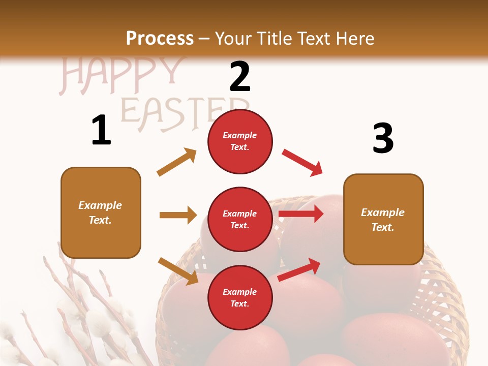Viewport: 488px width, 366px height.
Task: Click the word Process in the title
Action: coord(160,38)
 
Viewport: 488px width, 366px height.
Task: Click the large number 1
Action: coord(101,130)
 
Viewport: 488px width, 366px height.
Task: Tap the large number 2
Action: coord(240,76)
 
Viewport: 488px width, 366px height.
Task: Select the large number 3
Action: coord(383,138)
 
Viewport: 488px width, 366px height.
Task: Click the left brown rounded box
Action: coord(101,212)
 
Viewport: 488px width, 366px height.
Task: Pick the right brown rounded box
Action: coord(383,219)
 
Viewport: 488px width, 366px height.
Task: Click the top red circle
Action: coord(240,141)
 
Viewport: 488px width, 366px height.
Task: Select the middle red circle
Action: coord(240,220)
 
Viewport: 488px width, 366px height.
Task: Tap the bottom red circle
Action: coord(240,298)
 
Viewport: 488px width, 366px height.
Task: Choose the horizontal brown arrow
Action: coord(178,215)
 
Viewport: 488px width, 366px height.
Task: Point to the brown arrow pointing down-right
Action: coord(178,271)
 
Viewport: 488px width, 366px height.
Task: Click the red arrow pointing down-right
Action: coord(302,162)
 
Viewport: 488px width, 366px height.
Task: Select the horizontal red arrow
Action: coord(301,214)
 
